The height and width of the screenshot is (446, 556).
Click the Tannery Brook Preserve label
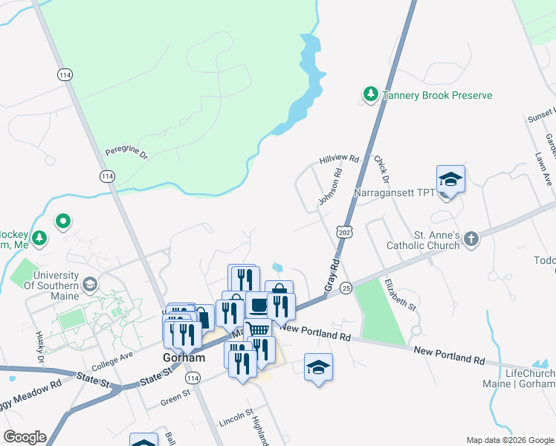(437, 96)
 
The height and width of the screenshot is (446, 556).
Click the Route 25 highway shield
(346, 287)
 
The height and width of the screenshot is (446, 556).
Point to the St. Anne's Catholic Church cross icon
(470, 239)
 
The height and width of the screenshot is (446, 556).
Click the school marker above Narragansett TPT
(450, 180)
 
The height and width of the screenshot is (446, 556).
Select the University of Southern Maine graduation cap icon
(90, 284)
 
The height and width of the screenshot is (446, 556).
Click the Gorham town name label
(183, 358)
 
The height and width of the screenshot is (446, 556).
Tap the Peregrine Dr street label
(126, 152)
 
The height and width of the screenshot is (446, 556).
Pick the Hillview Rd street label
(339, 160)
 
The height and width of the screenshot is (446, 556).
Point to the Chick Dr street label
(382, 169)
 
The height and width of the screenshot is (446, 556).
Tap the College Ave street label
(111, 361)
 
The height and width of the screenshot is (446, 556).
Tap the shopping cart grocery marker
(257, 331)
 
